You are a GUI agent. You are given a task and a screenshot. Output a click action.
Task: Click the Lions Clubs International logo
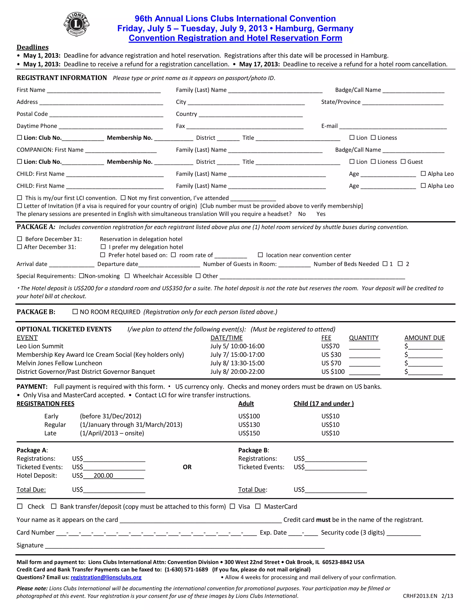click(x=76, y=24)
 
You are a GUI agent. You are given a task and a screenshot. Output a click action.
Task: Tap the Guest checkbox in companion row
click(x=403, y=161)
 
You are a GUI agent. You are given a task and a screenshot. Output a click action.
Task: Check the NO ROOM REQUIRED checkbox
click(x=75, y=311)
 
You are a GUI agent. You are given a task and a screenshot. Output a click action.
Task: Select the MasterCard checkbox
click(x=258, y=506)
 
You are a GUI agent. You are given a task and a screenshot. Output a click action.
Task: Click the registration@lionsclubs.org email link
click(x=106, y=577)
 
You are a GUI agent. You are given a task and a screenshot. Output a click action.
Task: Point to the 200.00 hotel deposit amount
click(x=103, y=476)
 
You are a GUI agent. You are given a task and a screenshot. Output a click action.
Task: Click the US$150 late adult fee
click(x=249, y=433)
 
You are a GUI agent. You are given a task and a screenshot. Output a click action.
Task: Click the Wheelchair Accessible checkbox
click(x=127, y=276)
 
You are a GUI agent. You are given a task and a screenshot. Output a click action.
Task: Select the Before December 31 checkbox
click(x=20, y=239)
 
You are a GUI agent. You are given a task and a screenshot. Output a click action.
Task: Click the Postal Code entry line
click(x=106, y=114)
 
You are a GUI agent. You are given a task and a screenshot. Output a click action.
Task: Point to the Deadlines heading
click(x=33, y=47)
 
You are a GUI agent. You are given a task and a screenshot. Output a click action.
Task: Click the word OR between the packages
click(x=187, y=467)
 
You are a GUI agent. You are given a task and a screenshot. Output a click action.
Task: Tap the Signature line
click(x=184, y=546)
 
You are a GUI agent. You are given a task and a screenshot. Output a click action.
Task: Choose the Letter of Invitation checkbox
click(x=20, y=206)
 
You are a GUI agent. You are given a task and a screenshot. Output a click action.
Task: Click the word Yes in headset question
click(x=321, y=214)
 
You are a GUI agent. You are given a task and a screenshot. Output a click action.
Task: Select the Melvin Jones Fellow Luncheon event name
click(x=59, y=363)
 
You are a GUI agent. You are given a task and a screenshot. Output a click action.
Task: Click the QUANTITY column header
click(x=364, y=338)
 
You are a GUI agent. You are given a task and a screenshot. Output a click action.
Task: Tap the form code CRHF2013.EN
click(x=420, y=596)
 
